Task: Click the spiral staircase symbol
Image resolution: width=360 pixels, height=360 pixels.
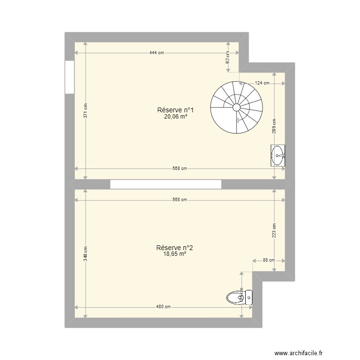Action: pos(237,107)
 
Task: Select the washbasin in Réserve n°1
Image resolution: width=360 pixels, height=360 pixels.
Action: pos(278,156)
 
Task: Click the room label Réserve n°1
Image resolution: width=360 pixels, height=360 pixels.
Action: pos(175,110)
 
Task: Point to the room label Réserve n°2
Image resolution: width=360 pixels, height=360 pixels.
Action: pos(174,248)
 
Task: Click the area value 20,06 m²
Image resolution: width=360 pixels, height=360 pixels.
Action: pos(175,116)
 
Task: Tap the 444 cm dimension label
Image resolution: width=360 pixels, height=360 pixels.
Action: pos(156,52)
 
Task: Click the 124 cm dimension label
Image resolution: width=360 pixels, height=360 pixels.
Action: pos(262,83)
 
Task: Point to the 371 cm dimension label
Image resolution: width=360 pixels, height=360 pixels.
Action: pos(85,111)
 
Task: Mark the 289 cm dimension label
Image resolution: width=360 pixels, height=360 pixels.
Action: pos(274,125)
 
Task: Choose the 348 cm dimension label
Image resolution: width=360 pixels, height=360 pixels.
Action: pos(85,254)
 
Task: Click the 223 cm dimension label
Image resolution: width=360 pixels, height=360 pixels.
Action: pos(274,231)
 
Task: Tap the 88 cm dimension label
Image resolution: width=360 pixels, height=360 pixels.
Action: pos(269,260)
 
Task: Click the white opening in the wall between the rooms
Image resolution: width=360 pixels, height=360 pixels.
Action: pos(166,184)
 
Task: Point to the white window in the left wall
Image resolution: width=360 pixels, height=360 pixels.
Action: pos(69,77)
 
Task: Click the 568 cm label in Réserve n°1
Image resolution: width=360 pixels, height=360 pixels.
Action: pos(180,168)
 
